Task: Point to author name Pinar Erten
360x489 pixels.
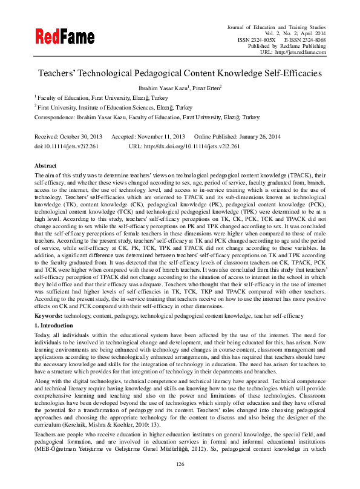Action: (206, 88)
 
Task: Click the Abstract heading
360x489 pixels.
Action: (45, 165)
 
